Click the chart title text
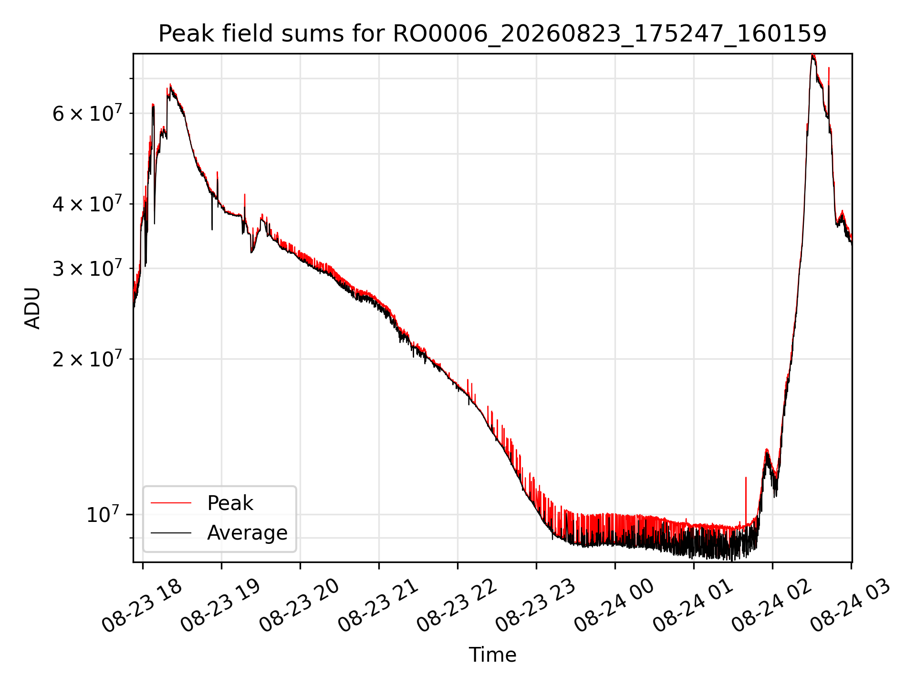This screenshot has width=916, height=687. click(x=492, y=34)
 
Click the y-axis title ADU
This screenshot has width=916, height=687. click(x=32, y=308)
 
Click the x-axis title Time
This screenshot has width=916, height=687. click(x=492, y=655)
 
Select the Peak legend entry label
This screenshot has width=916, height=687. click(x=230, y=503)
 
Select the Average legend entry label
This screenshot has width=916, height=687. click(x=247, y=532)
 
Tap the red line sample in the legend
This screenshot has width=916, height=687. click(x=171, y=503)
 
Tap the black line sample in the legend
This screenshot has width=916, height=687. click(x=171, y=533)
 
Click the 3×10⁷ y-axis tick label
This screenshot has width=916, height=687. click(x=87, y=268)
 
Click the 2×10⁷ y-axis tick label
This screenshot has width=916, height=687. click(x=87, y=358)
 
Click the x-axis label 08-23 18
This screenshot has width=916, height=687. click(x=142, y=605)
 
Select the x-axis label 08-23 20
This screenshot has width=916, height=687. click(x=299, y=605)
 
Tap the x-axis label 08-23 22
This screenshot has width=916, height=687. click(x=457, y=605)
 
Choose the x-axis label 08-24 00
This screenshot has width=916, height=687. click(x=614, y=605)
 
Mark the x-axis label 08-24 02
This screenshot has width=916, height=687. click(x=771, y=605)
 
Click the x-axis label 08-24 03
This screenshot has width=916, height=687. click(x=850, y=605)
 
